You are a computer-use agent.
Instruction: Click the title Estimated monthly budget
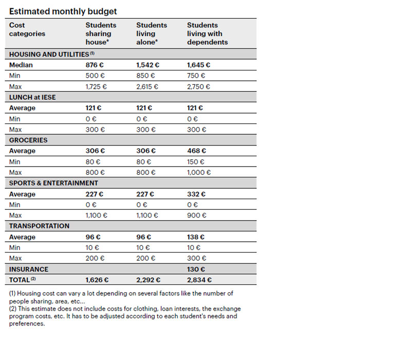tap(63, 11)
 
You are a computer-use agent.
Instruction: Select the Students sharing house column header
tap(101, 33)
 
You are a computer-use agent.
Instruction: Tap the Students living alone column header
tap(152, 33)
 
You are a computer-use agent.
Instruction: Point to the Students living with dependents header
tap(208, 33)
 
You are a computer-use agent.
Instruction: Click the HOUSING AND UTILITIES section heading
tap(52, 54)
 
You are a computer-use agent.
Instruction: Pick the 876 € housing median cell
tap(95, 65)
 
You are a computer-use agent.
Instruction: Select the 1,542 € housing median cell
tap(147, 65)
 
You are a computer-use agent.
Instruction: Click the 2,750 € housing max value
tap(198, 86)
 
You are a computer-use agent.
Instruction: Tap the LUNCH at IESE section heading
tap(32, 97)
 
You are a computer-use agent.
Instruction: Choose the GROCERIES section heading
tap(28, 140)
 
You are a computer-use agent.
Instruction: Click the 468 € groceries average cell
tap(197, 151)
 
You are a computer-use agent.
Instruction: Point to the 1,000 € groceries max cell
tap(199, 172)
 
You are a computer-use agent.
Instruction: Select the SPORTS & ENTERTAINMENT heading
tap(53, 183)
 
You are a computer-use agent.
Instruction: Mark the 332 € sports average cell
tap(196, 194)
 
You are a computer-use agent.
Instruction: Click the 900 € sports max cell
tap(197, 215)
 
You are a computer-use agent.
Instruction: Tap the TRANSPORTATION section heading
tap(40, 226)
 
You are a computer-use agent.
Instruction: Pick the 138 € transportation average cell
tap(196, 237)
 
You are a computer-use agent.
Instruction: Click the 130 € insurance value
tap(196, 269)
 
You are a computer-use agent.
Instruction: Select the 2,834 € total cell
tap(199, 280)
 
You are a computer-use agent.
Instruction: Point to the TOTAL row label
tap(22, 280)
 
